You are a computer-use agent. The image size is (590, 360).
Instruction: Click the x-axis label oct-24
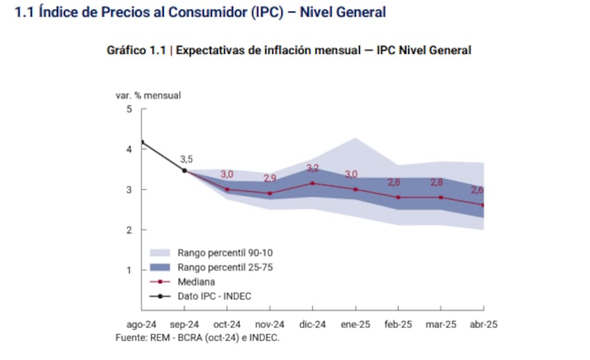tap(227, 324)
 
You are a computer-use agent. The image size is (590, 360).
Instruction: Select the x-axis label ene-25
tap(356, 324)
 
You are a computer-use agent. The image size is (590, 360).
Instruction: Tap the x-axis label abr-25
tap(485, 324)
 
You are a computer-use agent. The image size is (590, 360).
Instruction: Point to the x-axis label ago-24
tap(141, 324)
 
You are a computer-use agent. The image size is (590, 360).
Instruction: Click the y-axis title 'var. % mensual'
tap(147, 95)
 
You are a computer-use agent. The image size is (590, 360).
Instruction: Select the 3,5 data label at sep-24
tap(186, 159)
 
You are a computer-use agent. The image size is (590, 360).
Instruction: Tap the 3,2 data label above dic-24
tap(313, 168)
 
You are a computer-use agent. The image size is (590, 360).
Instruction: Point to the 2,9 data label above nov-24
tap(270, 179)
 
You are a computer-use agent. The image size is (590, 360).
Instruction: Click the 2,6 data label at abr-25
tap(478, 190)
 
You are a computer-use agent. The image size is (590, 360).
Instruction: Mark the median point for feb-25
tap(399, 197)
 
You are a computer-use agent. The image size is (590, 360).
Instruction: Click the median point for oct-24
tap(227, 190)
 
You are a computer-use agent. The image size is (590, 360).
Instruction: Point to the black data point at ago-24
tap(142, 142)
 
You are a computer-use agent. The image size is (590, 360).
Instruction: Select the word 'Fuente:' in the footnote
tap(131, 337)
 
